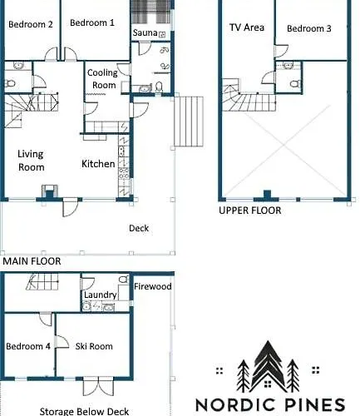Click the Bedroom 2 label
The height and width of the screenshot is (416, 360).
click(x=31, y=24)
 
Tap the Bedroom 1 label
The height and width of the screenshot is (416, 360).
click(x=92, y=22)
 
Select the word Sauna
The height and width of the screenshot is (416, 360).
click(x=145, y=32)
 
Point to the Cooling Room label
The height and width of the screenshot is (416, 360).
click(x=103, y=79)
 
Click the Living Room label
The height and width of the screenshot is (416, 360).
click(x=31, y=161)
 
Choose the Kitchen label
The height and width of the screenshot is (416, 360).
click(x=98, y=164)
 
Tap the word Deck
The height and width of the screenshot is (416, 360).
click(x=139, y=228)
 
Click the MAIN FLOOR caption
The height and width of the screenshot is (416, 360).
click(x=32, y=261)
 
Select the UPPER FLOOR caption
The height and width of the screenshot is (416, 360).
click(x=250, y=210)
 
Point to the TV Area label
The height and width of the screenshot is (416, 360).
click(x=247, y=27)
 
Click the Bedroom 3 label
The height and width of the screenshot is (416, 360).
click(x=309, y=28)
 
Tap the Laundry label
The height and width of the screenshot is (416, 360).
click(x=100, y=295)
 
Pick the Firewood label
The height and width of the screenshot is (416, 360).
click(x=153, y=286)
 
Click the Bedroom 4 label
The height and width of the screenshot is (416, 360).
click(x=28, y=346)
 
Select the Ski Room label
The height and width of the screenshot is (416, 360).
click(x=94, y=346)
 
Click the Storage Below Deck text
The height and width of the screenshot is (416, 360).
click(x=84, y=411)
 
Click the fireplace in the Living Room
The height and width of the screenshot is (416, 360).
click(x=50, y=191)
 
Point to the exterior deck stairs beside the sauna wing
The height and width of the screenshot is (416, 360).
click(x=189, y=121)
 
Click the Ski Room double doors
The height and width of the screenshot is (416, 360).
click(x=98, y=386)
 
